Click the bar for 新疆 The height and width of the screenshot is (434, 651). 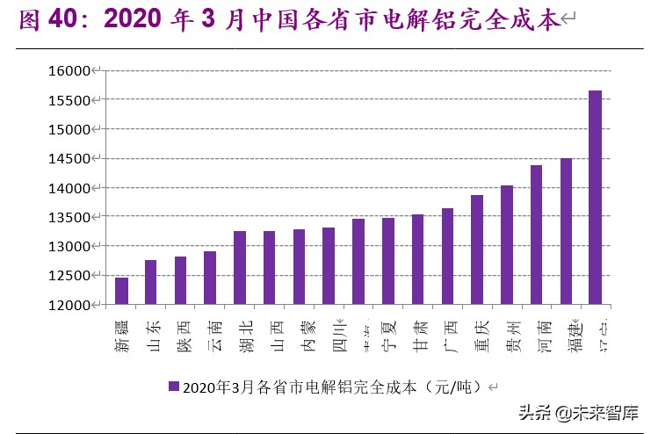121,291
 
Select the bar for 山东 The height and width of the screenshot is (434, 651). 151,282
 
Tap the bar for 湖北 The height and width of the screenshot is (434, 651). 240,268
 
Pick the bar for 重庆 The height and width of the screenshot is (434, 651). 477,250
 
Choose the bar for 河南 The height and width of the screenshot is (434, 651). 536,235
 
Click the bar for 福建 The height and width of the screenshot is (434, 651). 566,231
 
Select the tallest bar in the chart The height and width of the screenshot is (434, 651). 596,198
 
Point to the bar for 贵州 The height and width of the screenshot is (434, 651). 507,245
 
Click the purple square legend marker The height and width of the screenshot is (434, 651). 173,386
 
